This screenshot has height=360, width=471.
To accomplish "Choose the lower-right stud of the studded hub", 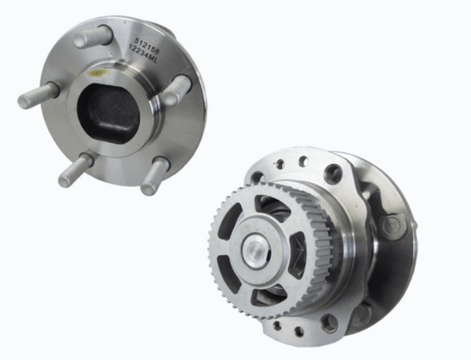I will [154, 176].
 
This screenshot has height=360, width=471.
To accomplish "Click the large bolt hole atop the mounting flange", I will [333, 173].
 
